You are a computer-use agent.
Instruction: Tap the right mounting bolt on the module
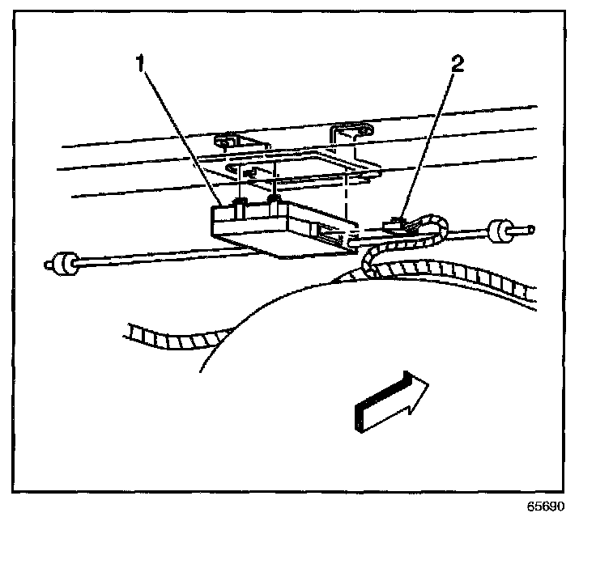275,199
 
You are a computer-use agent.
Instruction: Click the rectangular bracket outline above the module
300,166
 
